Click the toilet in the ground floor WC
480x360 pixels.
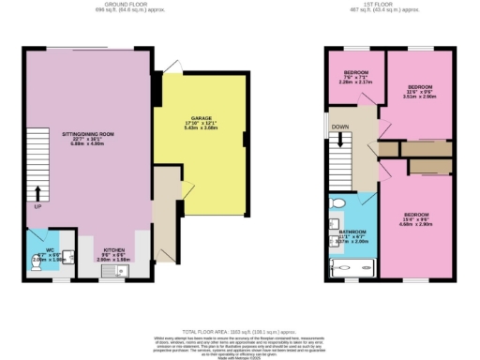tap(35, 265)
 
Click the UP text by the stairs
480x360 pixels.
tap(37, 206)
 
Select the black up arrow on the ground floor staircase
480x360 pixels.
tap(37, 194)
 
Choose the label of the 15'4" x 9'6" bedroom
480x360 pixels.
tap(415, 215)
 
